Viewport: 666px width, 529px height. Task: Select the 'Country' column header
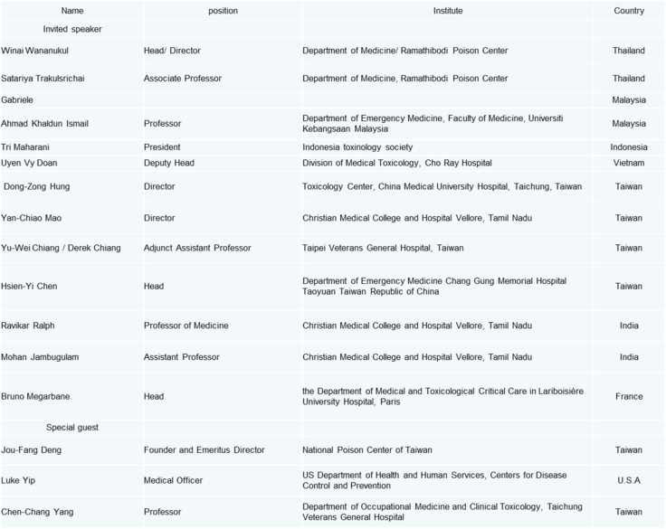tap(628, 11)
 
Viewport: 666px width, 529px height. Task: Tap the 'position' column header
tap(222, 11)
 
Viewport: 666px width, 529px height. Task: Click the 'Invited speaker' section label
tap(72, 29)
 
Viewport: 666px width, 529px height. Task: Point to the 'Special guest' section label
tap(72, 427)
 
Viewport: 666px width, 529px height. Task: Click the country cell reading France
tap(628, 396)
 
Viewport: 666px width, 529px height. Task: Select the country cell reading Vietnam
tap(628, 163)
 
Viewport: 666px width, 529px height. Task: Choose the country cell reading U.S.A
tap(628, 480)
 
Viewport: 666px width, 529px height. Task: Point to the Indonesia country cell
tap(628, 146)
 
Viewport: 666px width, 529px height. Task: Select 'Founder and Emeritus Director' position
tap(204, 449)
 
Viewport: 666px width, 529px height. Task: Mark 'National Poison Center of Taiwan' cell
tap(366, 449)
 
